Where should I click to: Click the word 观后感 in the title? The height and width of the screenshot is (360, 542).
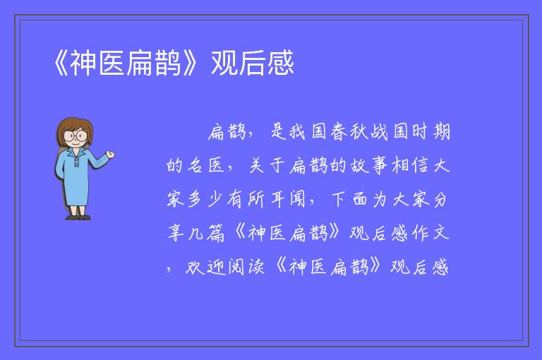tap(253, 63)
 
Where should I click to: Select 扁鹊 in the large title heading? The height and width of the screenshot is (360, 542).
tap(153, 63)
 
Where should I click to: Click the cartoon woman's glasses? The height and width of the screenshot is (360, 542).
tap(76, 135)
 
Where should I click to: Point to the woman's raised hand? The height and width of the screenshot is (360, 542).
tap(110, 155)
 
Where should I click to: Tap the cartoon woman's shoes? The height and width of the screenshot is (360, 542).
tap(78, 217)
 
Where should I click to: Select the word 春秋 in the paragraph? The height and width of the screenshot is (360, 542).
tap(349, 132)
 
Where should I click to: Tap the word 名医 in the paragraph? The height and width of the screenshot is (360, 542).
tap(206, 165)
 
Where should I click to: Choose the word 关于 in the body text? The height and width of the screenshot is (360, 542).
tap(267, 165)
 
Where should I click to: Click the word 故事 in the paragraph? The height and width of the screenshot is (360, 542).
tap(369, 165)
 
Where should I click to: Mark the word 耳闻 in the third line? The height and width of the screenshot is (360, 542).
tap(288, 199)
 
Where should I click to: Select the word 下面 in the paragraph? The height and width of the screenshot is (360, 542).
tap(349, 199)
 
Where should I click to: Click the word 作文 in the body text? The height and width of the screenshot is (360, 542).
tap(430, 233)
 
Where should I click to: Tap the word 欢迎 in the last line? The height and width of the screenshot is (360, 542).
tap(205, 267)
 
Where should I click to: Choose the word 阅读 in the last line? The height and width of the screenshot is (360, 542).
tap(246, 267)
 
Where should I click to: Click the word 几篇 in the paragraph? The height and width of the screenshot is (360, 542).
tap(206, 233)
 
